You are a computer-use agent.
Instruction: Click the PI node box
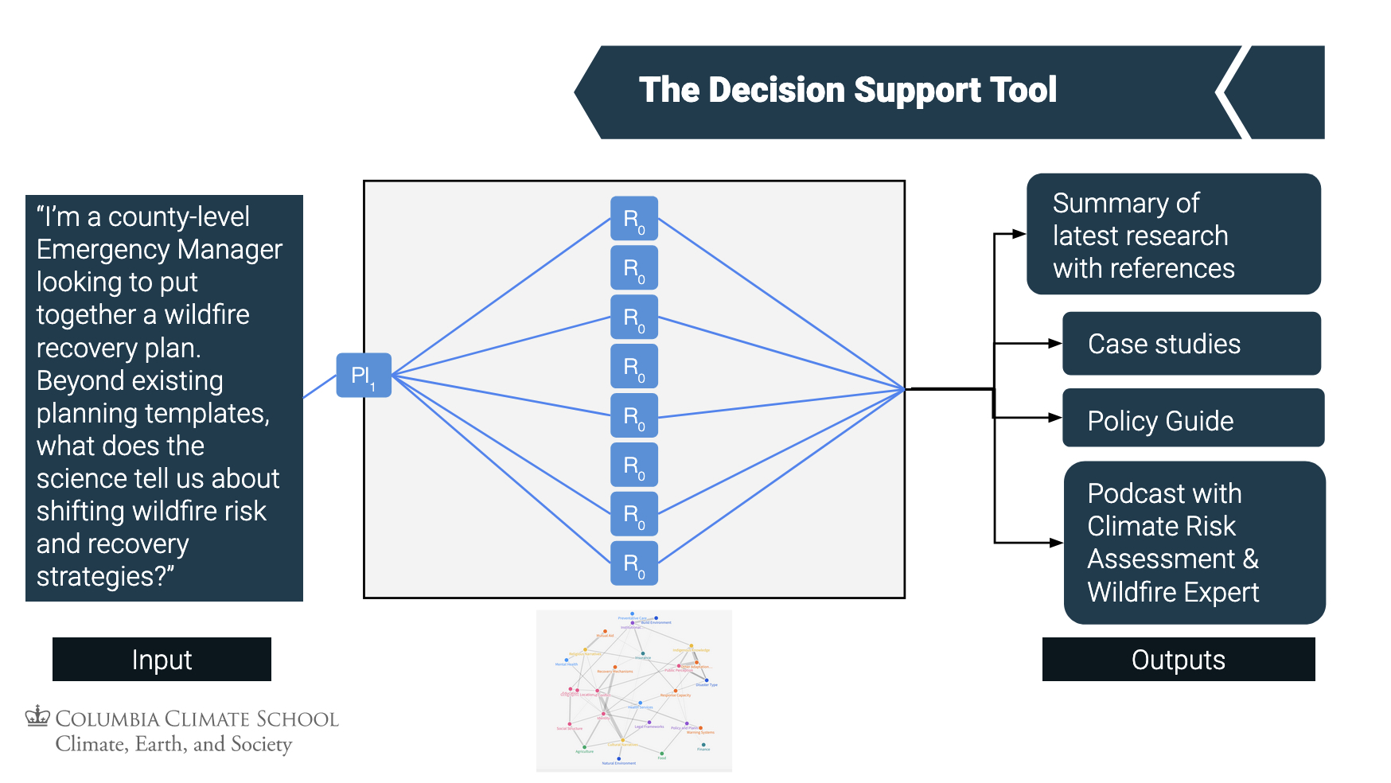click(x=364, y=375)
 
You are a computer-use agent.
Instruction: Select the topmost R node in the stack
click(x=634, y=218)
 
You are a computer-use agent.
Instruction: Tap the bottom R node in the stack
click(x=634, y=563)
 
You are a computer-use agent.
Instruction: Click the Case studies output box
click(x=1191, y=344)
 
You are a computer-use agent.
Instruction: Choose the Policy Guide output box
click(x=1193, y=419)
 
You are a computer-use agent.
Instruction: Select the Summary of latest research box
click(x=1173, y=235)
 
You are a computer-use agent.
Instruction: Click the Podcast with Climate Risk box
click(x=1194, y=543)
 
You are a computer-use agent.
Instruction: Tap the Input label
click(x=162, y=660)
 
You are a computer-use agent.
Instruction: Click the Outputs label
click(x=1178, y=660)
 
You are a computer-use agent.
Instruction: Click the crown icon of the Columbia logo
click(x=37, y=716)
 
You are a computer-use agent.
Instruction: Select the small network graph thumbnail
click(x=633, y=691)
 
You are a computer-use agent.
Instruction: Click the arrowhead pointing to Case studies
click(x=1055, y=344)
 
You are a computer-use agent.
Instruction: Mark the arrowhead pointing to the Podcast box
click(x=1056, y=543)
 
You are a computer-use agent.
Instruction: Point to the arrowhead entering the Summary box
click(x=1019, y=234)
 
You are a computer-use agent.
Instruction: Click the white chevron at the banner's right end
click(x=1230, y=92)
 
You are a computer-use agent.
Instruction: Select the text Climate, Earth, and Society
click(x=173, y=744)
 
